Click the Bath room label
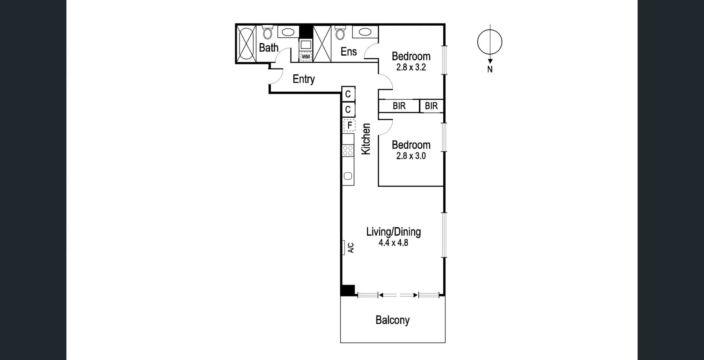click(x=268, y=48)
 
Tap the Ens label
click(x=348, y=52)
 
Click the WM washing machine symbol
click(x=305, y=57)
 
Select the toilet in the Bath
click(x=268, y=33)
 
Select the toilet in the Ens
click(x=340, y=33)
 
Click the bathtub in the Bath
click(x=246, y=44)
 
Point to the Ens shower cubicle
click(x=322, y=44)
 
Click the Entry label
click(x=304, y=79)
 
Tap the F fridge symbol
click(x=349, y=125)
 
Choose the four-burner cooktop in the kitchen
click(x=348, y=150)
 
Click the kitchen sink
click(x=348, y=176)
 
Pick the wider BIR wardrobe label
click(x=399, y=106)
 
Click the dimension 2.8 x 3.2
click(x=411, y=67)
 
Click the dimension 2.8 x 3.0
click(x=411, y=156)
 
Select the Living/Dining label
click(x=393, y=232)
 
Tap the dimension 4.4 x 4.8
click(x=393, y=243)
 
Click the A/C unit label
click(x=351, y=248)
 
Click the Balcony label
click(x=392, y=320)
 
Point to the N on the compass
click(x=490, y=69)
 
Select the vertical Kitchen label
click(x=366, y=139)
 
